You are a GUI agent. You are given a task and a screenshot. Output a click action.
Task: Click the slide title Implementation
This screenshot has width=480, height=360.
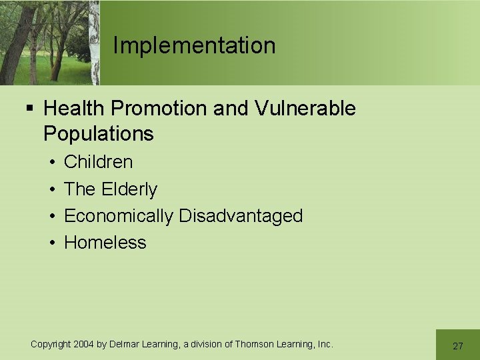(x=194, y=45)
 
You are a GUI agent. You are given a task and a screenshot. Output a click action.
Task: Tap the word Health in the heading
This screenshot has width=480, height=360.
(x=71, y=108)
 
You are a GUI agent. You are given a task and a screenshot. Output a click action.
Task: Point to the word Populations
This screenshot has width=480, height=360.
(x=98, y=133)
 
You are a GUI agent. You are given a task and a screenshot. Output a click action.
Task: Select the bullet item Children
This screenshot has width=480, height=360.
(x=98, y=162)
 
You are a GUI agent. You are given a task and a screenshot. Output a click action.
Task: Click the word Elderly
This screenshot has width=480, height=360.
(x=129, y=189)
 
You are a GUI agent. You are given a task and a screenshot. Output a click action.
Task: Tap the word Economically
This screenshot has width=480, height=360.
(x=119, y=216)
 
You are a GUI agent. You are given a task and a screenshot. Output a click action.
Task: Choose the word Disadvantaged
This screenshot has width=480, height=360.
(x=241, y=216)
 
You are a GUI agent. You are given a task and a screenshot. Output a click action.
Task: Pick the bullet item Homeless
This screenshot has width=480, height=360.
(x=105, y=243)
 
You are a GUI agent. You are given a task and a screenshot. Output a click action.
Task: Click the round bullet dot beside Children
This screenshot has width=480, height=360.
(x=51, y=162)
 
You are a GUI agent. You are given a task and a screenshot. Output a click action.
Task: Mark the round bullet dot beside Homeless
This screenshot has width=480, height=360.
(x=51, y=243)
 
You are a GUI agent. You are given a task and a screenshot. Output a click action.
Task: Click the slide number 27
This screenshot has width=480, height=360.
(x=457, y=345)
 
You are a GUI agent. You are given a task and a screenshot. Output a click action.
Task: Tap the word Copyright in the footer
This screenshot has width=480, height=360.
(x=50, y=344)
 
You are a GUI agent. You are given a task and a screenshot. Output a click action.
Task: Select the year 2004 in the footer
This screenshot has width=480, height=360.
(x=84, y=344)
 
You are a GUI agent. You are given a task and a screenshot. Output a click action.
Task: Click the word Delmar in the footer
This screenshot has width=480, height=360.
(x=124, y=344)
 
